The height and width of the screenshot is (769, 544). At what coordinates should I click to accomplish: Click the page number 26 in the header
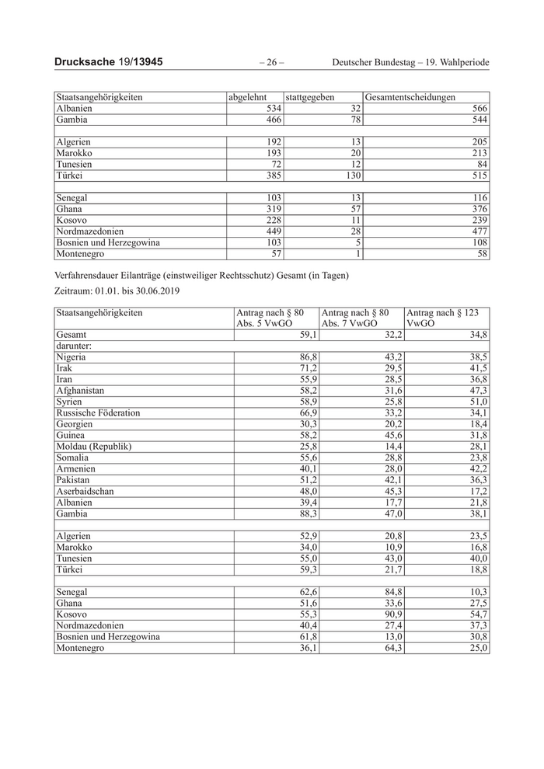(270, 61)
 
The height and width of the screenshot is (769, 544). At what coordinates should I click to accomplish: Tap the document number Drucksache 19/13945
(109, 61)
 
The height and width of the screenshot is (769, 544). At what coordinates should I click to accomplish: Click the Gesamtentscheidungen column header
(410, 97)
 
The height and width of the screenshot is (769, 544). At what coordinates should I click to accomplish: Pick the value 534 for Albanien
(271, 109)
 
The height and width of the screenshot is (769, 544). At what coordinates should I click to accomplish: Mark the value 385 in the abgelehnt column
(271, 176)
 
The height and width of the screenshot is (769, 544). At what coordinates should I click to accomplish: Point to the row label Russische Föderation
(98, 412)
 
